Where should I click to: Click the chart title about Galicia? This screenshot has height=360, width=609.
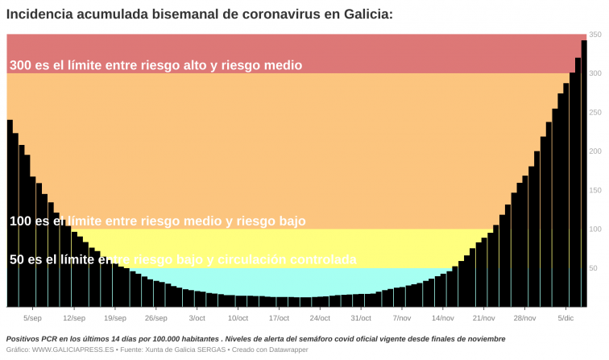(200, 13)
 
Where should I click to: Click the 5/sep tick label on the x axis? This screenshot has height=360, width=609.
(33, 318)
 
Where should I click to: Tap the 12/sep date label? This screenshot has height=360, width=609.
(74, 318)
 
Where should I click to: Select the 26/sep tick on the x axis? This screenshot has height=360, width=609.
(156, 318)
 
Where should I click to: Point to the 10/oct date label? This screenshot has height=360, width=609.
(238, 318)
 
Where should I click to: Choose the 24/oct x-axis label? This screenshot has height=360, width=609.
(320, 318)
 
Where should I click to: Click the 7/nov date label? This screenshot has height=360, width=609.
(402, 318)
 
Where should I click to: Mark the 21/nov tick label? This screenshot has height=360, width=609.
(483, 318)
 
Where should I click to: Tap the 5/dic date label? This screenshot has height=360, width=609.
(565, 318)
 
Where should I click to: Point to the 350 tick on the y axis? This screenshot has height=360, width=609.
(595, 35)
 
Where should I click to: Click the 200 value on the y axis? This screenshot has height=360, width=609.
(595, 151)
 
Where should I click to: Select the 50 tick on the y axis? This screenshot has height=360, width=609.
(595, 268)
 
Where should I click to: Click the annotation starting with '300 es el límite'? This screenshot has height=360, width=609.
(155, 65)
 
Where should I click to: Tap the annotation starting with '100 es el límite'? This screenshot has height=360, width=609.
(157, 221)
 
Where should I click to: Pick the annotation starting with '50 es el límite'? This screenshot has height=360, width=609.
(183, 259)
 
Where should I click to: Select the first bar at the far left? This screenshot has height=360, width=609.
(10, 213)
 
